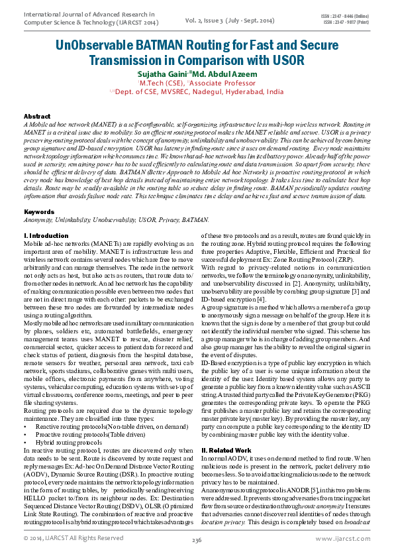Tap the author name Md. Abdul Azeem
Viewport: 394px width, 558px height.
point(224,74)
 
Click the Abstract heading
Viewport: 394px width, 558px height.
point(36,116)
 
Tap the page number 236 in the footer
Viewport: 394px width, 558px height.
point(197,540)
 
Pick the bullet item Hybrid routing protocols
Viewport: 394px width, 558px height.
point(79,441)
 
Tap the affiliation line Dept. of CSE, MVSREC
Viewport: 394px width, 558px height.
point(199,92)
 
